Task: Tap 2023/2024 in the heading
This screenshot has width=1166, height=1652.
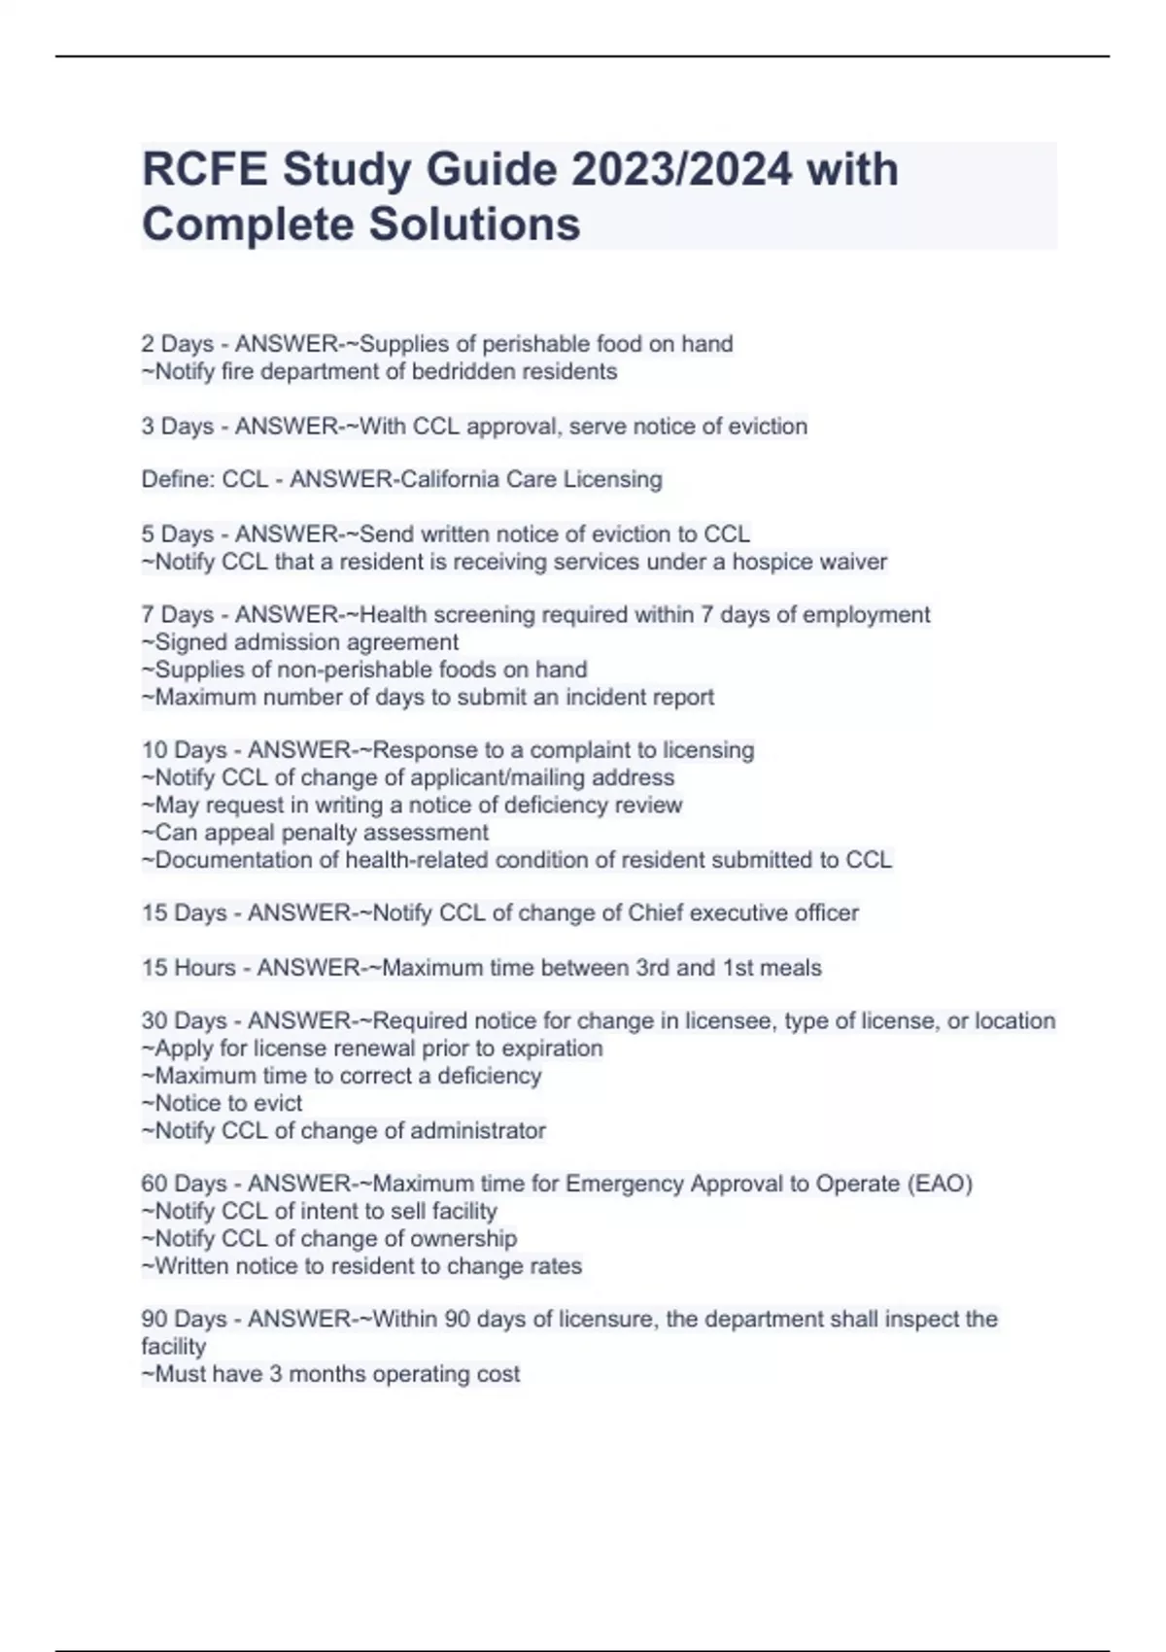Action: tap(681, 170)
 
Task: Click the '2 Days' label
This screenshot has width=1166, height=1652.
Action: tap(177, 344)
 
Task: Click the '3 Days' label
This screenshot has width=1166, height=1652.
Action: tap(177, 427)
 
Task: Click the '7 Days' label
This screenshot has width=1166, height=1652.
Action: tap(177, 615)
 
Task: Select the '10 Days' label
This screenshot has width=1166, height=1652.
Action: tap(184, 750)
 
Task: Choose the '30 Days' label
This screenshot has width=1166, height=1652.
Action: tap(184, 1021)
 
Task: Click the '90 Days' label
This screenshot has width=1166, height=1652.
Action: tap(184, 1320)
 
